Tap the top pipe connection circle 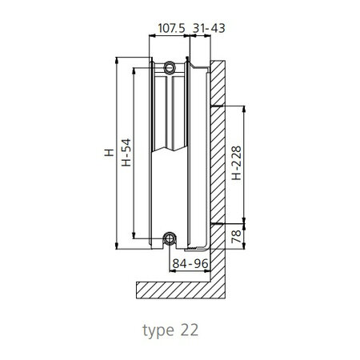tap(170, 67)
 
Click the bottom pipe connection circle tap(170, 238)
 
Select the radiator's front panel tap(142, 152)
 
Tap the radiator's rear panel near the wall tap(198, 152)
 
